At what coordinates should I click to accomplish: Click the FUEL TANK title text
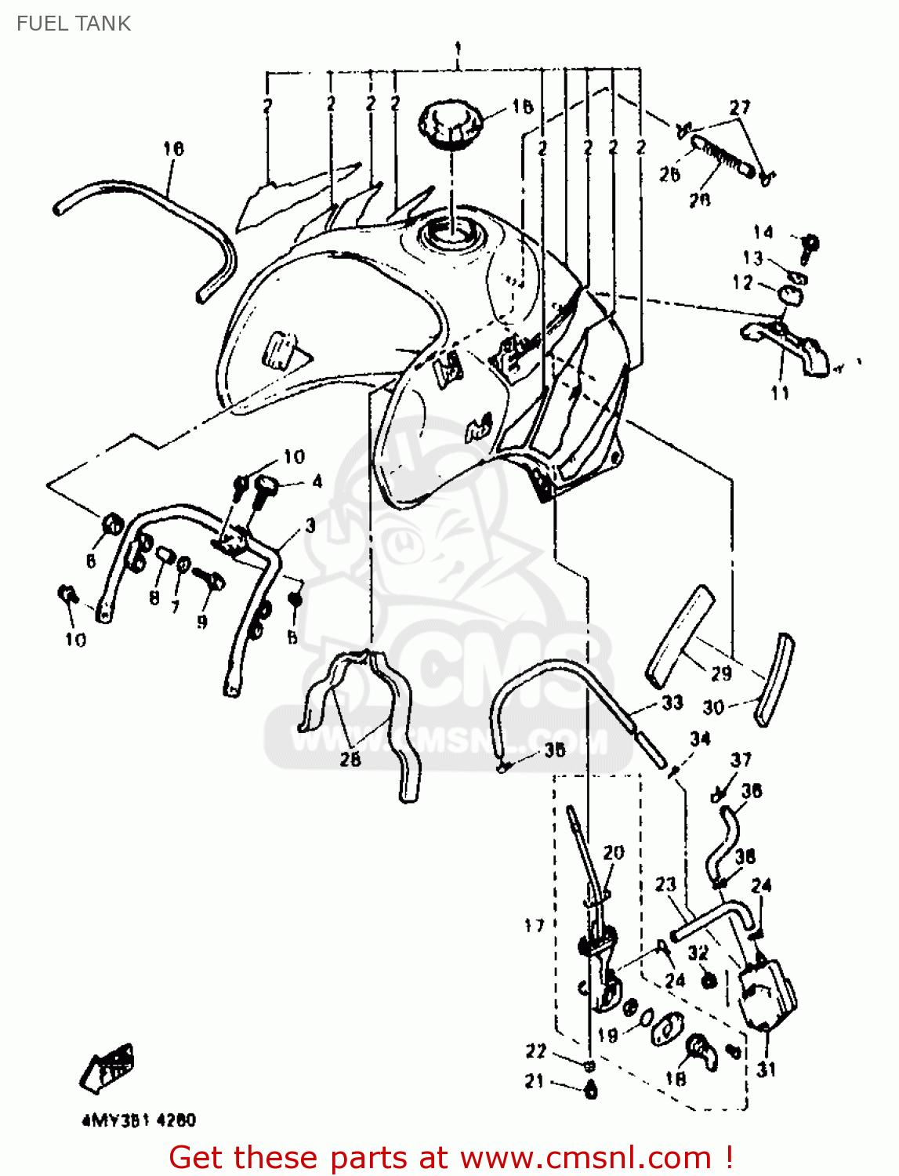74,24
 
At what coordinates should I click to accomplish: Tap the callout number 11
780,393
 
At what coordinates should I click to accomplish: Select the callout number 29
721,673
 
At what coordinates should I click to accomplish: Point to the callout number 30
713,707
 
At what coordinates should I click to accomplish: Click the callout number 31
766,1069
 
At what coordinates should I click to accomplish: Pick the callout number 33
672,702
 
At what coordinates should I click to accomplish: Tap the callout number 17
535,926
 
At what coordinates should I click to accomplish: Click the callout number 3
310,525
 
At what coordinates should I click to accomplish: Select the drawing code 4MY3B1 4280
139,1120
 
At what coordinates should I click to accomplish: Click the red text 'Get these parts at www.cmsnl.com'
451,1157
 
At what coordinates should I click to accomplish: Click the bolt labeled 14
810,245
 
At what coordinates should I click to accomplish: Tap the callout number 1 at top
458,49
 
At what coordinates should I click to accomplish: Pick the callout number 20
614,852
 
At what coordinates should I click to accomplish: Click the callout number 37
741,759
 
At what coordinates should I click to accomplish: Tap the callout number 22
535,1051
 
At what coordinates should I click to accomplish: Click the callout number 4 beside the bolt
317,481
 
